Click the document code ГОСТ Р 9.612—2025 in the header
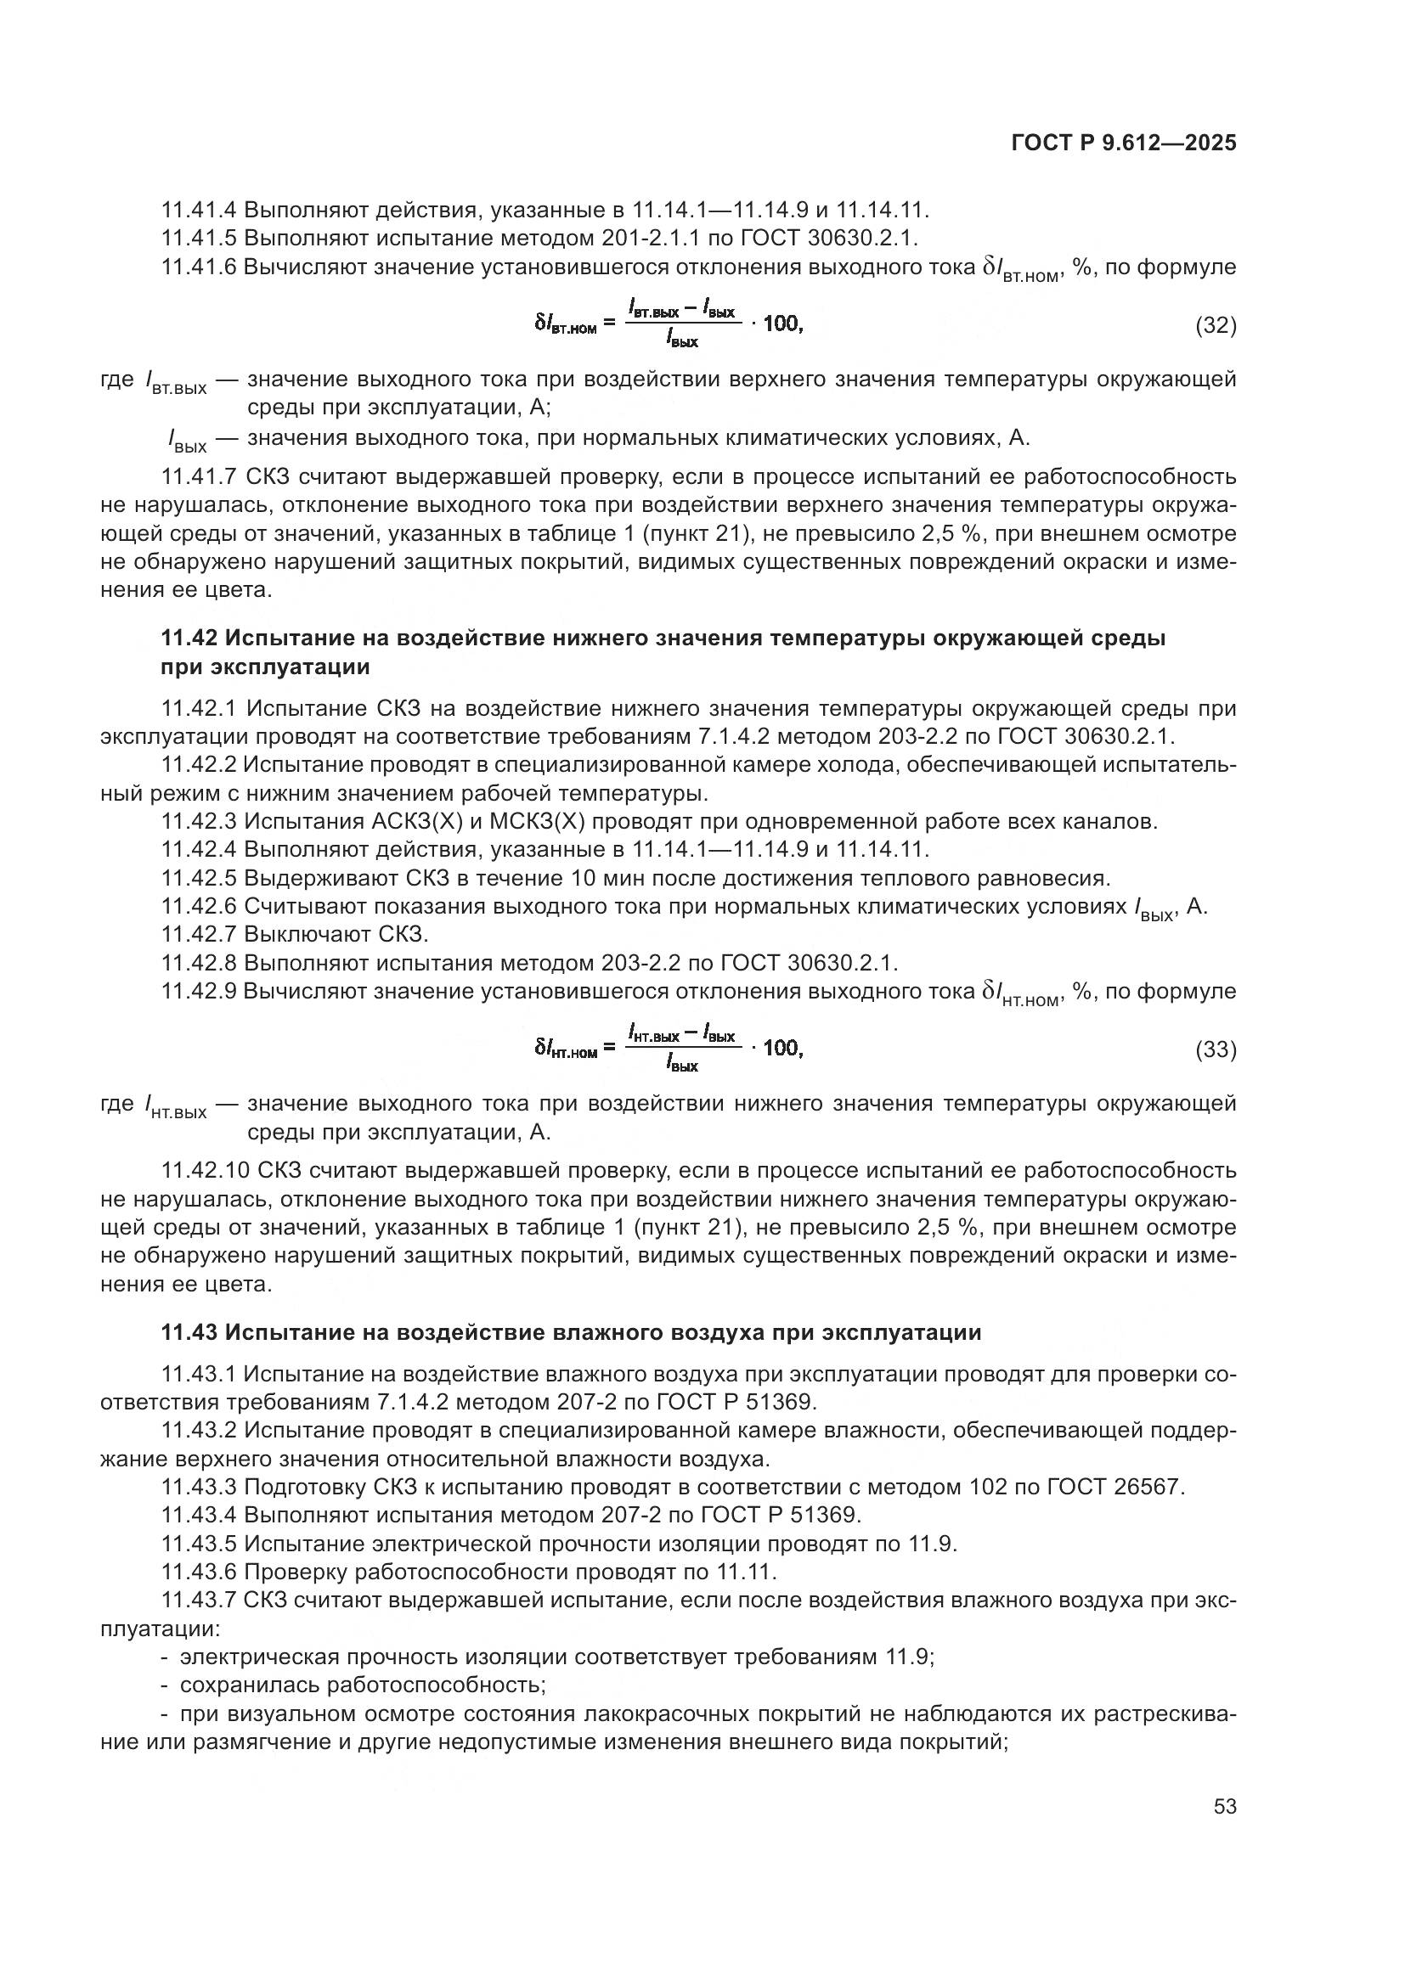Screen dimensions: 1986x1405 coord(1123,143)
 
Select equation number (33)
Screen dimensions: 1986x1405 coord(1216,1049)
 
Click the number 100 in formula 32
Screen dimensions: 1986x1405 coord(782,323)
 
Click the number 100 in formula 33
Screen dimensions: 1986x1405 coord(782,1048)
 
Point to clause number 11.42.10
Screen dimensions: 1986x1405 coord(204,1170)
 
